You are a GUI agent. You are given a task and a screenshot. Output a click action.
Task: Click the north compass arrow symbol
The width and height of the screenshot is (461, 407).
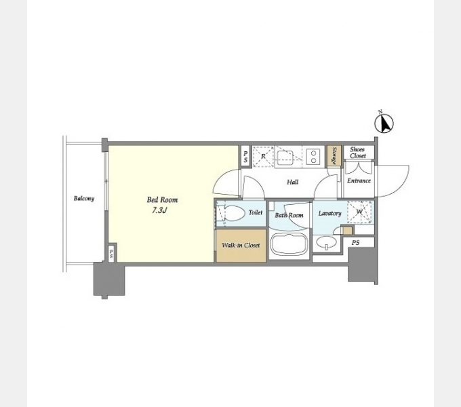[x=384, y=123]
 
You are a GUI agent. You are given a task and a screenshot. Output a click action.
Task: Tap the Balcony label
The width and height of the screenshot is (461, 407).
[x=84, y=199]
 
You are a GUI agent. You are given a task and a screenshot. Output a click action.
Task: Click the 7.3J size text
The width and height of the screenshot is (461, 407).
[x=159, y=210]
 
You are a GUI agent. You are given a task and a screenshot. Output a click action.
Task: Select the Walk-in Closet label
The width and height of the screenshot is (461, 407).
[x=241, y=245]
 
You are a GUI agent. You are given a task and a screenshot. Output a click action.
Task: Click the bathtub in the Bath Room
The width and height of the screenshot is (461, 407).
[x=289, y=244]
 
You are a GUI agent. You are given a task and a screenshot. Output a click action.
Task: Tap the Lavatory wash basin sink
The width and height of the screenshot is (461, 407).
[x=326, y=243]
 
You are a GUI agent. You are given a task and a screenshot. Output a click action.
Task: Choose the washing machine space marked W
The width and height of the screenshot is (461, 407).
[x=359, y=212]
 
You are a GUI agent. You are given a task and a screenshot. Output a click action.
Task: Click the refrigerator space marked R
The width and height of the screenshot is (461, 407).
[x=263, y=157]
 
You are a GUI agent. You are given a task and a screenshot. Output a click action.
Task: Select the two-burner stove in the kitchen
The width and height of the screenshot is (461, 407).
[x=313, y=157]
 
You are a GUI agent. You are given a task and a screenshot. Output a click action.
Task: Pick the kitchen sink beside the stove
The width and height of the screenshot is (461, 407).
[x=285, y=157]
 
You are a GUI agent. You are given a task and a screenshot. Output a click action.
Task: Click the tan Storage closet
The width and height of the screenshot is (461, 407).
[x=334, y=156]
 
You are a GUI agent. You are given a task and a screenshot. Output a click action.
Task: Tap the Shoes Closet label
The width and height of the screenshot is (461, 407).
[x=358, y=153]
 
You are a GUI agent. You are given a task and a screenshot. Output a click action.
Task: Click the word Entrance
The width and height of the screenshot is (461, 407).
[x=359, y=180]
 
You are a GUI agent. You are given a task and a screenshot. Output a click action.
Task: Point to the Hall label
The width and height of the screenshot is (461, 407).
[x=293, y=182]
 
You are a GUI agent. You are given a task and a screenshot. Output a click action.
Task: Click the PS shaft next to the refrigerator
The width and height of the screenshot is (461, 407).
[x=245, y=157]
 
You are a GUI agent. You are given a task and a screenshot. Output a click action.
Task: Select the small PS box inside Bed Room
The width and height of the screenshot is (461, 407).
[x=111, y=253]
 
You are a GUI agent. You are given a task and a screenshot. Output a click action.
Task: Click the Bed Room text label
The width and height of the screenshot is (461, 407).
[x=162, y=200]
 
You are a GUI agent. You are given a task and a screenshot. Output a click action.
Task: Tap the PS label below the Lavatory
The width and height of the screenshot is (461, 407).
[x=356, y=243]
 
